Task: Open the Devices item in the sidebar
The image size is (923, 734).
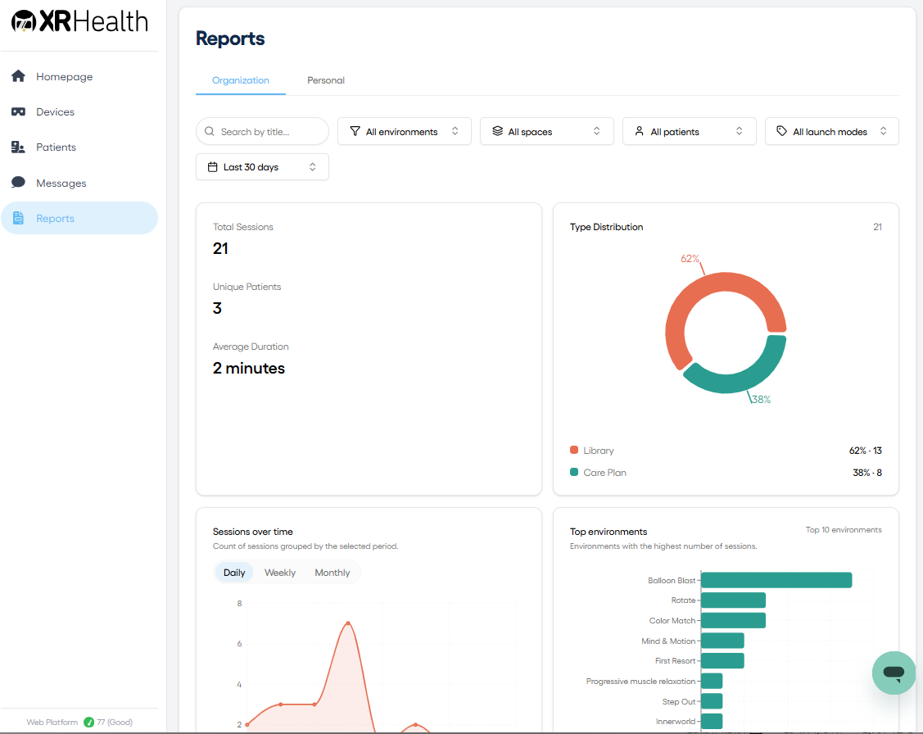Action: click(x=55, y=112)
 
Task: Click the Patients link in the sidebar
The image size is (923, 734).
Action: click(x=56, y=147)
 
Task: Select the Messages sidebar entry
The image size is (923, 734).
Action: click(x=61, y=183)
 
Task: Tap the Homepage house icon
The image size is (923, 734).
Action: click(x=18, y=76)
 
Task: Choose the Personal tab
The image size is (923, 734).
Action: click(x=325, y=80)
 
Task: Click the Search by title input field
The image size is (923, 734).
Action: click(x=262, y=131)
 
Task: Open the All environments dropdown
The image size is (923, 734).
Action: click(x=405, y=131)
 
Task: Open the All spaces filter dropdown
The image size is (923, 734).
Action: click(x=547, y=131)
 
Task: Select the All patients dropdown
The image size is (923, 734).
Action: click(x=690, y=131)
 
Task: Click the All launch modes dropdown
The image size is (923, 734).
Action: click(x=832, y=131)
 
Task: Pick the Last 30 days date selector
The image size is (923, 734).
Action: click(x=262, y=167)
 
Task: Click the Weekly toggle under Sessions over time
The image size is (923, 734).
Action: click(x=279, y=573)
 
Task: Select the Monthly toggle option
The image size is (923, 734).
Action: click(x=332, y=573)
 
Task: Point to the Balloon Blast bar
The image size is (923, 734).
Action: click(x=776, y=580)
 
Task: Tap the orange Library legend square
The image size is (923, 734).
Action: click(x=574, y=451)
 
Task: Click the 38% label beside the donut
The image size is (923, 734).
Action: click(x=761, y=400)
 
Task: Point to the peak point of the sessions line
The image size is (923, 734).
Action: click(x=348, y=623)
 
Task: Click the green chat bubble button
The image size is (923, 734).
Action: click(x=894, y=673)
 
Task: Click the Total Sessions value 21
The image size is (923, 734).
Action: click(x=220, y=249)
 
